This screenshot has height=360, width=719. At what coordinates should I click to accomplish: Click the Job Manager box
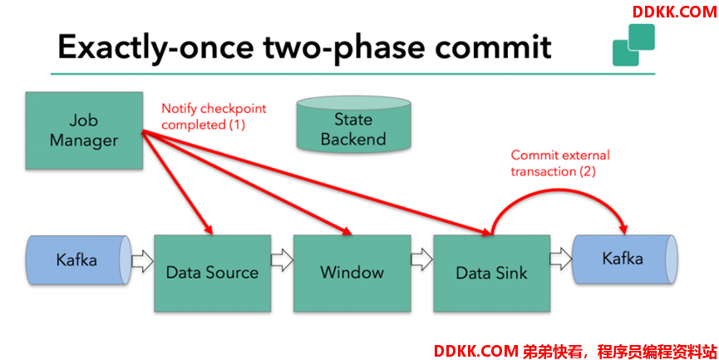point(84,131)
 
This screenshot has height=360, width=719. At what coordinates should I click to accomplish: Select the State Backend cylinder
point(353,124)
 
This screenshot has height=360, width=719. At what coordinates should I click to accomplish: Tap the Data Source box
point(212,274)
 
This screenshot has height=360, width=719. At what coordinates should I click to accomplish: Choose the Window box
point(352,274)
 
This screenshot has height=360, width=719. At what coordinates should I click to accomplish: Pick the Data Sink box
point(491,274)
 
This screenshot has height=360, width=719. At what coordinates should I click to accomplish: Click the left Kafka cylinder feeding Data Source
point(79,260)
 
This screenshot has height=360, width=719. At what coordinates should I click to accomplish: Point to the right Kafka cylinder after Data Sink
point(624,259)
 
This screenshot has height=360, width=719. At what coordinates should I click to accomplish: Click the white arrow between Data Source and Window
point(282,260)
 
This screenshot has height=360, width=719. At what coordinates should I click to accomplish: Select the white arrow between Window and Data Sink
point(422,260)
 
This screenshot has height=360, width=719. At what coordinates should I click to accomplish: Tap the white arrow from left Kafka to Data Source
point(143,260)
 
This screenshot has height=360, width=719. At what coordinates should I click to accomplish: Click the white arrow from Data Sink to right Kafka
point(561,260)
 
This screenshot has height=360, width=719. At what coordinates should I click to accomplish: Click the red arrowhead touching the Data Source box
point(209,229)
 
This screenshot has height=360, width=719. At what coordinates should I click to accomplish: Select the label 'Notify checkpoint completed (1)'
point(214,116)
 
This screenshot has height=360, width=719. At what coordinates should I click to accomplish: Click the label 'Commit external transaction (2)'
point(560,163)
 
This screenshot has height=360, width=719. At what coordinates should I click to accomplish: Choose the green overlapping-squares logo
point(633,45)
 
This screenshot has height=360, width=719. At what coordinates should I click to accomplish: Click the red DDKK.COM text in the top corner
point(674,12)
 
